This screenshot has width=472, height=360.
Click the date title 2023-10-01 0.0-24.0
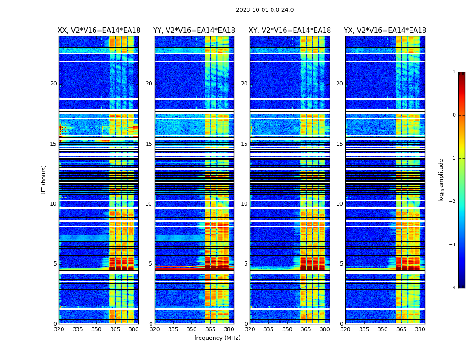(x=265, y=10)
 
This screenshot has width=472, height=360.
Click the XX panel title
(x=99, y=31)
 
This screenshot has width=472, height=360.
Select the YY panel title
(x=194, y=31)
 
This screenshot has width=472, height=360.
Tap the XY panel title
(x=290, y=31)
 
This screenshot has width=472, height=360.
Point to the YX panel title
(x=385, y=31)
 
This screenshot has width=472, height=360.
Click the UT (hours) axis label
(x=44, y=180)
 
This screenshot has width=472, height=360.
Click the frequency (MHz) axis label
(x=217, y=338)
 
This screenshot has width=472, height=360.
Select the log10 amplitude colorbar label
(x=441, y=180)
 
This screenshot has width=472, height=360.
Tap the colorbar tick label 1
(x=454, y=72)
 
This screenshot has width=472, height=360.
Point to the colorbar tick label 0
(x=454, y=115)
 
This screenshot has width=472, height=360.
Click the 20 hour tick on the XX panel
(x=53, y=84)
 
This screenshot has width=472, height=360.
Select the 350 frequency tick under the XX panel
(x=96, y=329)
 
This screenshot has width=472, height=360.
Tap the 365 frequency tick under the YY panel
(x=210, y=329)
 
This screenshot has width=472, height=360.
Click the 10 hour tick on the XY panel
(x=245, y=204)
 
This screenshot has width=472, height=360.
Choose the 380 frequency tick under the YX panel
(x=420, y=329)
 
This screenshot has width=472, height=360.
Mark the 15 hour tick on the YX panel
(x=340, y=144)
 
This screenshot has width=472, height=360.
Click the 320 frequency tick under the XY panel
(x=250, y=329)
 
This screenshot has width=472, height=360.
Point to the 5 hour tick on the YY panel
(x=151, y=264)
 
